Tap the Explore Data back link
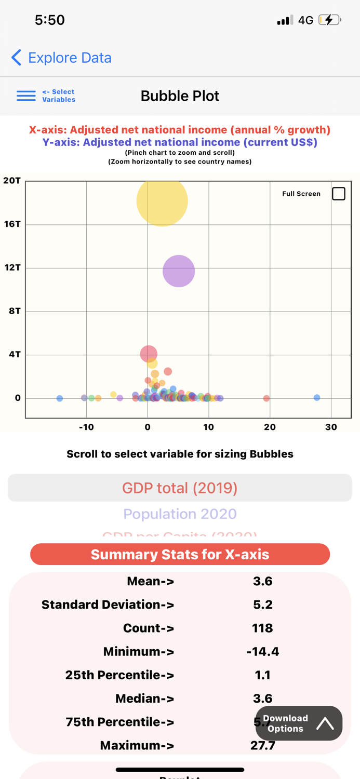(61, 58)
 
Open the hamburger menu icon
(26, 96)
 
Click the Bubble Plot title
(180, 96)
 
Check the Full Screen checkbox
(338, 194)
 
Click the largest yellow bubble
(162, 201)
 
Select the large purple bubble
(179, 271)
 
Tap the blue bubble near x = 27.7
(317, 397)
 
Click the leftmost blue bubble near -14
(60, 398)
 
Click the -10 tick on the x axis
(86, 427)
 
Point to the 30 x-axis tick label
(331, 427)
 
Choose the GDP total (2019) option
(180, 488)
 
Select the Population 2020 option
(180, 514)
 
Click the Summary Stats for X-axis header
(180, 554)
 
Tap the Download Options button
(299, 723)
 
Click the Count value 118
(262, 628)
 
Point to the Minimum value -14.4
(262, 651)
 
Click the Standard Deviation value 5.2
(262, 605)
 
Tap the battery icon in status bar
(329, 20)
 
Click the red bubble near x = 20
(266, 398)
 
